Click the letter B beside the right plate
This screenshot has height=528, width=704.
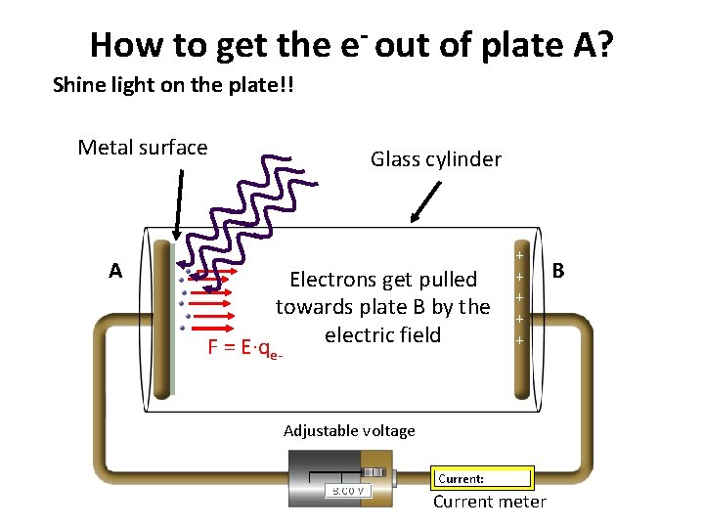pos(558,267)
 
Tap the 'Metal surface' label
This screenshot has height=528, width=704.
pos(143,148)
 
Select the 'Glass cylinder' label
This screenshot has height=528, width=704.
pos(436,159)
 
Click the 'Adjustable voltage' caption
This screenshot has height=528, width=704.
pos(349,431)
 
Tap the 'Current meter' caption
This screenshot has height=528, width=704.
pos(490,503)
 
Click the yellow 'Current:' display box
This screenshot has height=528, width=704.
pos(483,478)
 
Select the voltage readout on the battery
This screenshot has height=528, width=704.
pos(349,491)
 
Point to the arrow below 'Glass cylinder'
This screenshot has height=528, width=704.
pos(422,207)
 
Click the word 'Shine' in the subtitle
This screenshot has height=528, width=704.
pos(77,85)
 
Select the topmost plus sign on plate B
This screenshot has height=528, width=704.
pos(519,255)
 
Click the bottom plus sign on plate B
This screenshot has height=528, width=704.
pos(519,340)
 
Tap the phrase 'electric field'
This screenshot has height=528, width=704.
pos(383,335)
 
